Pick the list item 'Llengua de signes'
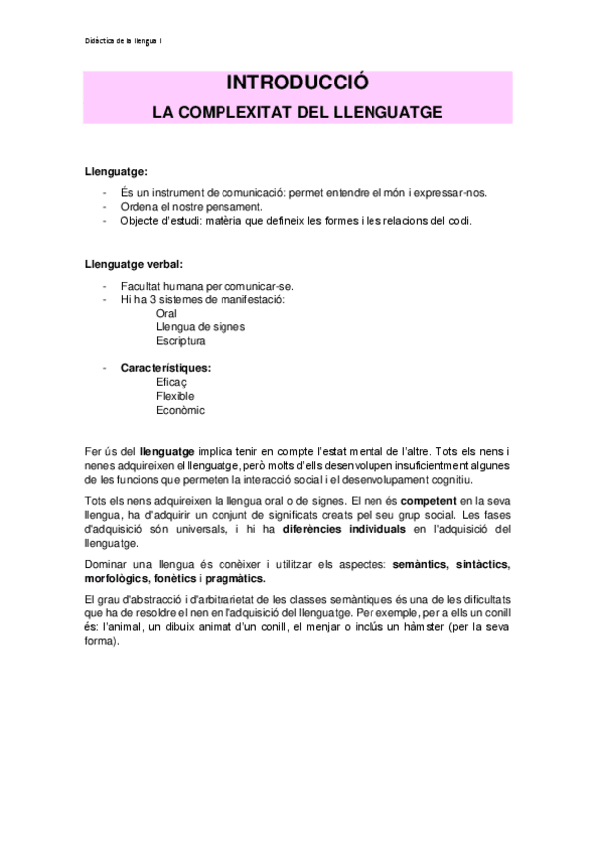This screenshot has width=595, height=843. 201,327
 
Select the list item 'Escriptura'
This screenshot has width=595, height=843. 181,341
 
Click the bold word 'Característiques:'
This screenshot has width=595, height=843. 166,368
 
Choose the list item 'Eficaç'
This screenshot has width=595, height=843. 171,382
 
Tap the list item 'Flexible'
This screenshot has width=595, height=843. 175,396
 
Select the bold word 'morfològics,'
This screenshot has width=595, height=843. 122,579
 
